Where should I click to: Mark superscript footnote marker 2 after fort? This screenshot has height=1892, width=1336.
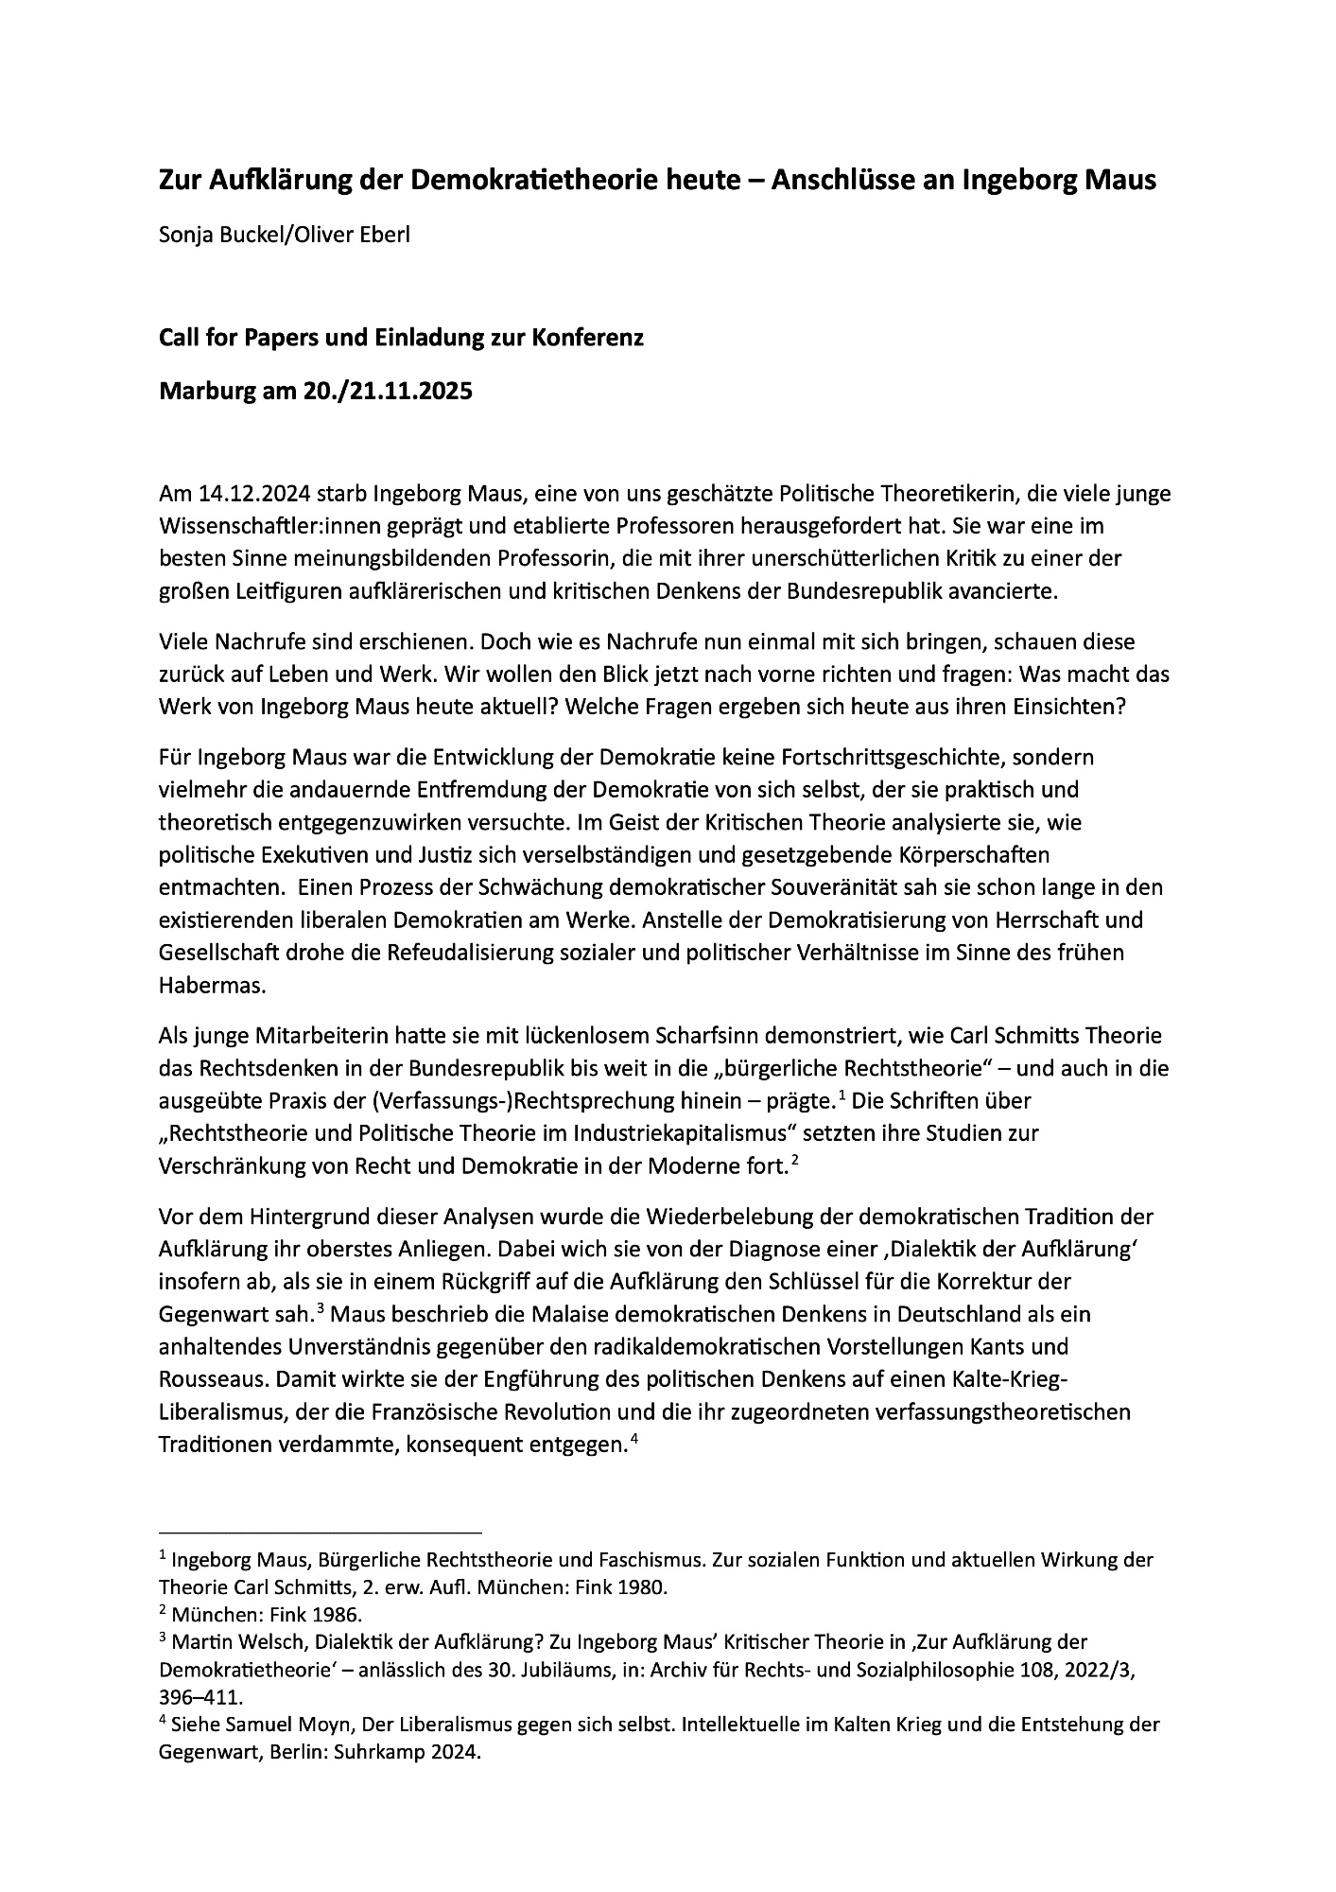pos(796,1160)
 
